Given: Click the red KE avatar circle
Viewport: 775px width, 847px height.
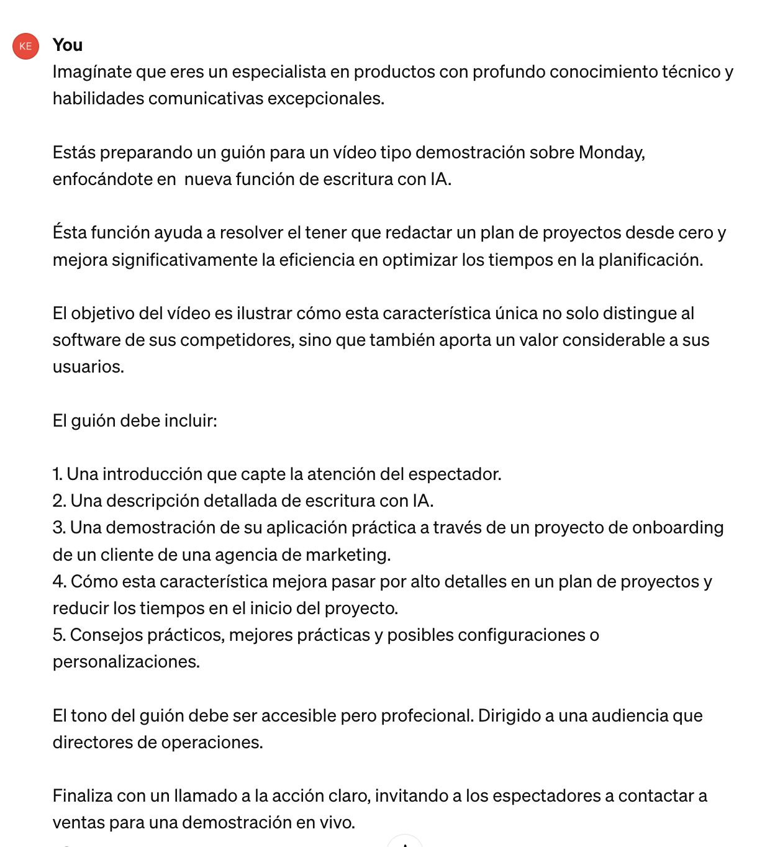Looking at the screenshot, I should [x=26, y=46].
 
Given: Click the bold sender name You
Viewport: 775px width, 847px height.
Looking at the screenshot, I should [x=68, y=45].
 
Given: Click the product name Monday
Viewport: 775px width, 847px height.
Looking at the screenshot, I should [x=611, y=152].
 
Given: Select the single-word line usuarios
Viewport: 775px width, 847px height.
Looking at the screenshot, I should [x=88, y=367].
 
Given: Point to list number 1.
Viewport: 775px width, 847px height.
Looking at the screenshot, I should [x=57, y=474].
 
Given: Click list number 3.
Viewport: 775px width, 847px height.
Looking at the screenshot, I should [x=58, y=528].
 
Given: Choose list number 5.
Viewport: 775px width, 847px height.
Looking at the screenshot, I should [x=58, y=635].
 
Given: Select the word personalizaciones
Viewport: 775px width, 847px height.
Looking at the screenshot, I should [x=126, y=662].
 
